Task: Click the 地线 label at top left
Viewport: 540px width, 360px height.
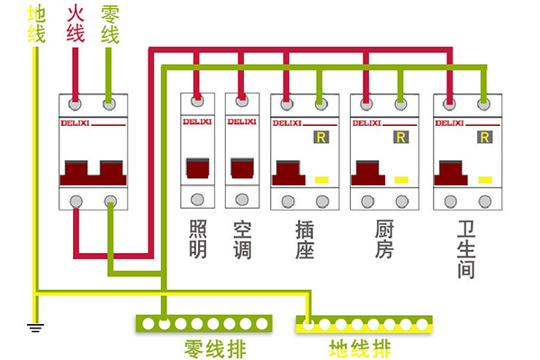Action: pyautogui.click(x=37, y=24)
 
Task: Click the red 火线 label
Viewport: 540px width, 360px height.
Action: pyautogui.click(x=76, y=24)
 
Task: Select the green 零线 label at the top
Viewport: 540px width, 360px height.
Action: pyautogui.click(x=110, y=24)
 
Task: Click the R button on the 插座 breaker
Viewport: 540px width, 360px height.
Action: pyautogui.click(x=320, y=138)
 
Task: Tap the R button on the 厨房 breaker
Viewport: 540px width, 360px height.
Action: pyautogui.click(x=401, y=138)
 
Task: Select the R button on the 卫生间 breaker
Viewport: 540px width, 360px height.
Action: pyautogui.click(x=483, y=138)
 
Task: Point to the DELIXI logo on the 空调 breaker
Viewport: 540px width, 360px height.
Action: pyautogui.click(x=242, y=121)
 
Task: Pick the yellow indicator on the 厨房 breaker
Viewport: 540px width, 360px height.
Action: pyautogui.click(x=401, y=179)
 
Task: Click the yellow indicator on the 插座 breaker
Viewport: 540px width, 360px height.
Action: pyautogui.click(x=320, y=179)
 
